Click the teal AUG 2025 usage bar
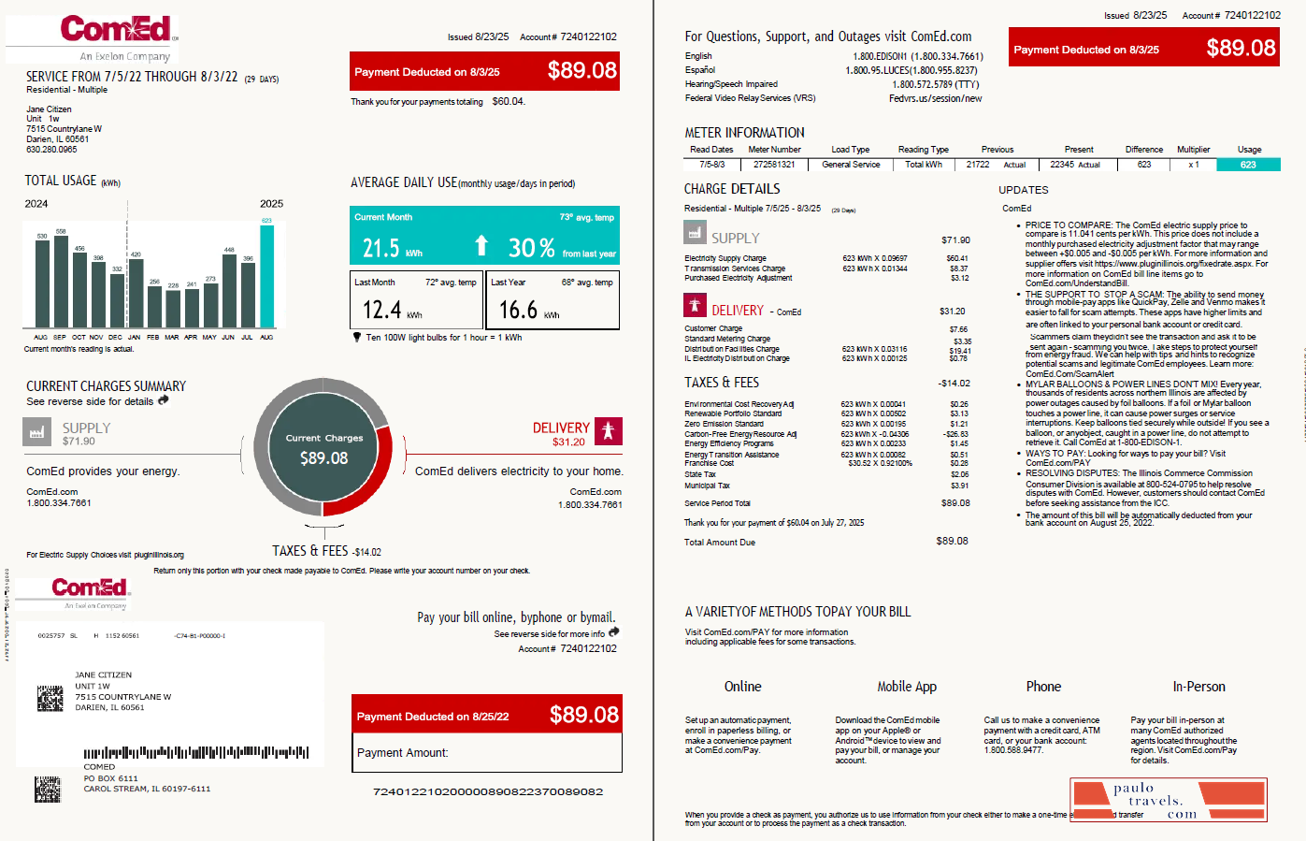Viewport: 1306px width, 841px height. pos(267,276)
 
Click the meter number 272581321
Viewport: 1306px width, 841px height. pos(774,165)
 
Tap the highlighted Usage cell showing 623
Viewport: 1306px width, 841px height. pos(1248,165)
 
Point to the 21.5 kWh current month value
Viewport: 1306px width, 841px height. pos(381,248)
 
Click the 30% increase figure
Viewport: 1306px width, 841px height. pos(531,248)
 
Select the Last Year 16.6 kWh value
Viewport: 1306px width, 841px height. pos(518,310)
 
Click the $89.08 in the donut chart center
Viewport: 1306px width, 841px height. pos(323,458)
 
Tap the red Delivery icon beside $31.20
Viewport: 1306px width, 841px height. pos(608,430)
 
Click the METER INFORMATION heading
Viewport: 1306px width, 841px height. pos(744,133)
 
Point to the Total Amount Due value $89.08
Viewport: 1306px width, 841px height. pos(952,541)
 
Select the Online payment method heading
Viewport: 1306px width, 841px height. pos(742,687)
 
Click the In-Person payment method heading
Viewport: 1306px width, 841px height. pos(1198,687)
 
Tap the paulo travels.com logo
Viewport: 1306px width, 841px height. pos(1169,800)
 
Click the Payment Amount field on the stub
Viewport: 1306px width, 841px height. pos(486,753)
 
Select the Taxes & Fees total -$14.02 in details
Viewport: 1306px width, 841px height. pos(954,384)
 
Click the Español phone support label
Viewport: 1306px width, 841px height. pos(699,70)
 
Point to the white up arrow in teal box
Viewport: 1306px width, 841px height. pos(481,246)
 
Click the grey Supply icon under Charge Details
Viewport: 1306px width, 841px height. pos(694,232)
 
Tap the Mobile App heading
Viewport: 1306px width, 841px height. pos(906,687)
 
